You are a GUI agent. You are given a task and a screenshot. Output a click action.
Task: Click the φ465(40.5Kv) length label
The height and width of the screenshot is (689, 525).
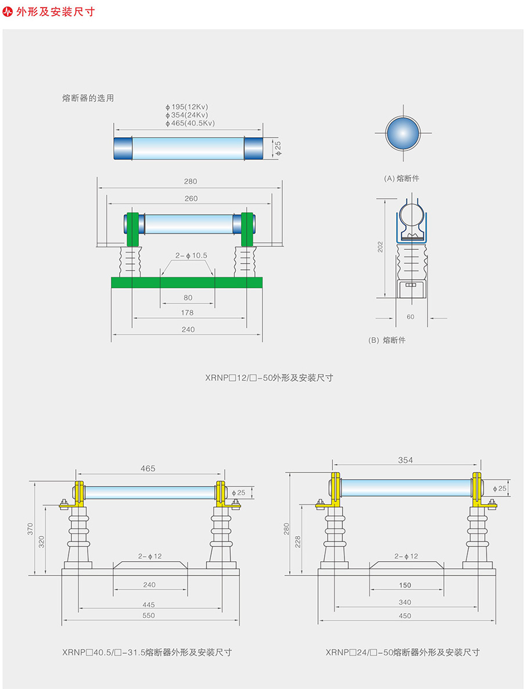[190, 123]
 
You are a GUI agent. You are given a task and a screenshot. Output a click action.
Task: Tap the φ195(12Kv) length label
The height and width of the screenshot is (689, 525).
[186, 107]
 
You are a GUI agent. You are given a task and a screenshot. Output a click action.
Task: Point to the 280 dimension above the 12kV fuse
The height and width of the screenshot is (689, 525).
[190, 181]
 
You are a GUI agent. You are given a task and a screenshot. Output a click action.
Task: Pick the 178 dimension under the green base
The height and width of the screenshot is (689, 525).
[187, 313]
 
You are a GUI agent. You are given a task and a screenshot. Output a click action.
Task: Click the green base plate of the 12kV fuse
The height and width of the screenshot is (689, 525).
[186, 282]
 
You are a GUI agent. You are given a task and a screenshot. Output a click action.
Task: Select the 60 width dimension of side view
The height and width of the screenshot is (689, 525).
[411, 317]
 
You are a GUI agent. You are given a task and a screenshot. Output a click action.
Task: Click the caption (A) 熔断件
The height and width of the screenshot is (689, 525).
[401, 178]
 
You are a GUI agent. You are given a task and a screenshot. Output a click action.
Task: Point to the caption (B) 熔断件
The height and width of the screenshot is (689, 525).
[387, 340]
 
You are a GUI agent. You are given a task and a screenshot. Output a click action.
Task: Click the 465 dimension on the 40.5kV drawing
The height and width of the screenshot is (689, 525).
[148, 468]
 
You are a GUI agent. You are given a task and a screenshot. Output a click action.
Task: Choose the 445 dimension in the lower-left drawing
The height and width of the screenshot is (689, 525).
[149, 604]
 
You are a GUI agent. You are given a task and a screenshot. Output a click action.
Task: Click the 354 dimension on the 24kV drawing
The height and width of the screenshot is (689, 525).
[405, 460]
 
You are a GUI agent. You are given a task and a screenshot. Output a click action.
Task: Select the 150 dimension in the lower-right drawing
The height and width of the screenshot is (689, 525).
[405, 585]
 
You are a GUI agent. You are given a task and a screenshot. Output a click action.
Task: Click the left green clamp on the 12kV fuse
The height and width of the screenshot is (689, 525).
[132, 229]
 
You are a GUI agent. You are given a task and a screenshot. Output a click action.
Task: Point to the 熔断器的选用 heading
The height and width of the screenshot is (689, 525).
[88, 98]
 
